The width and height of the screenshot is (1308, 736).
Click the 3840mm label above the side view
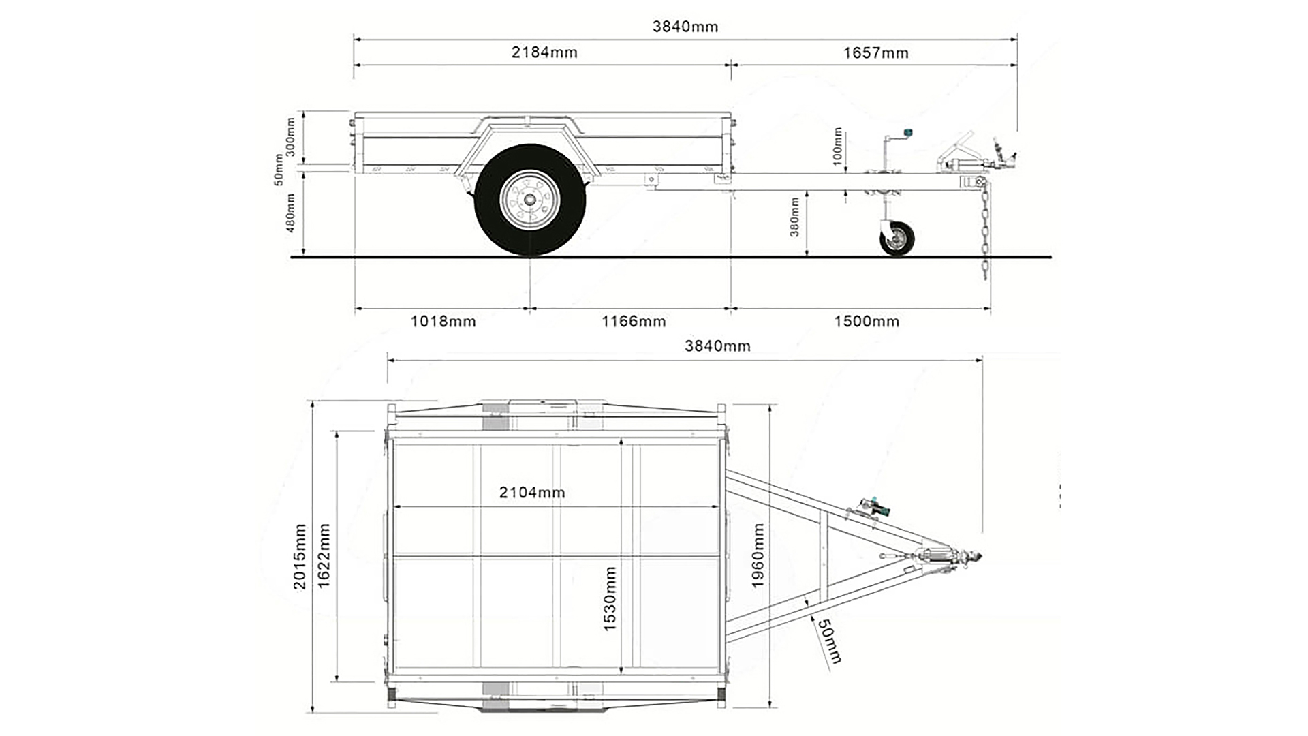click(x=685, y=27)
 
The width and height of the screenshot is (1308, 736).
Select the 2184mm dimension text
click(x=544, y=52)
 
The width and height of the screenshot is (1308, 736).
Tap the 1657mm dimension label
click(x=875, y=53)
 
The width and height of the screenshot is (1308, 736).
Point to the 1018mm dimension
click(x=443, y=321)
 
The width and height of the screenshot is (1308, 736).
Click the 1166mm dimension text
click(x=633, y=321)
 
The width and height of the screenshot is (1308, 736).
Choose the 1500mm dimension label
click(x=867, y=321)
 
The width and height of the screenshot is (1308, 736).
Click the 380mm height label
click(x=794, y=217)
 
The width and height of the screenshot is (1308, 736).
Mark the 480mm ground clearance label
click(x=290, y=213)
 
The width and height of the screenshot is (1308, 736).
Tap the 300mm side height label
click(x=290, y=137)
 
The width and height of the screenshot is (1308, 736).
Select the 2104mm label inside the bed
click(x=532, y=492)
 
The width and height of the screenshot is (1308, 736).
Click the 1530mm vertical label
click(x=610, y=598)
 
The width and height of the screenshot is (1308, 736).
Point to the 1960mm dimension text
click(x=758, y=555)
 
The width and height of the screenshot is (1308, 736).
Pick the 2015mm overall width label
click(x=300, y=556)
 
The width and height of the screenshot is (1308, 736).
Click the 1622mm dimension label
click(x=324, y=556)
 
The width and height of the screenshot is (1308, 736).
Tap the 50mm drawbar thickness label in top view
click(x=830, y=641)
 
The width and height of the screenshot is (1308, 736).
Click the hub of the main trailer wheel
click(x=529, y=200)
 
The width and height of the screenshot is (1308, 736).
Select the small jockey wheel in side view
click(x=897, y=239)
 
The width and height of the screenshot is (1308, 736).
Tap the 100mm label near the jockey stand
click(x=838, y=146)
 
